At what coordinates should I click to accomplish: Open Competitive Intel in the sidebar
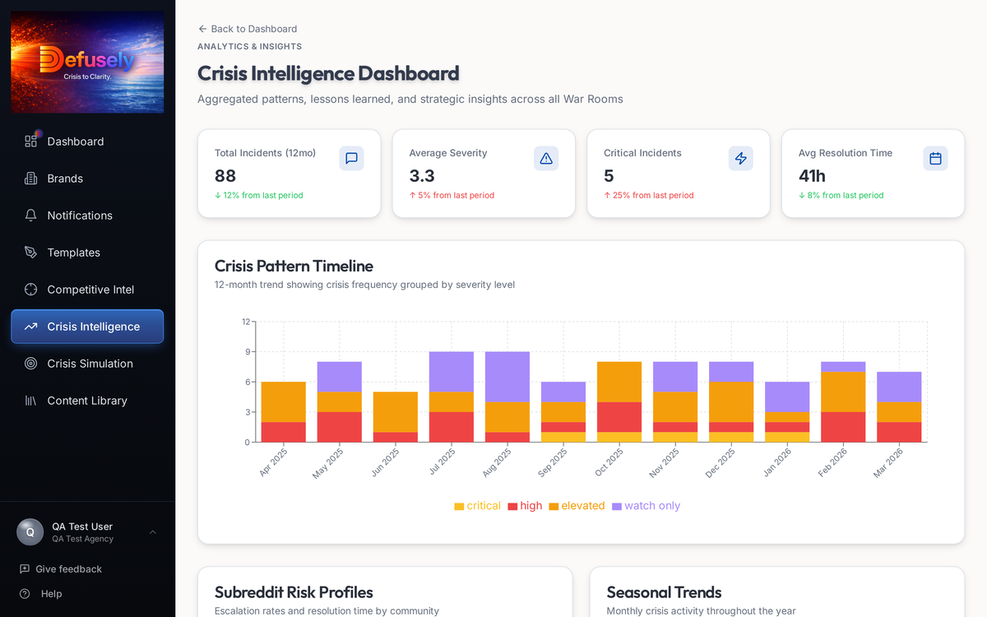coord(90,290)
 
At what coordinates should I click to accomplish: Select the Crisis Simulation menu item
coord(90,364)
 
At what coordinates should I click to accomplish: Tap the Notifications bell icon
coord(31,216)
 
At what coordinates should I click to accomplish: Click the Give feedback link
coord(68,569)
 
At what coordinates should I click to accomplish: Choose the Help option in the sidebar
coord(51,594)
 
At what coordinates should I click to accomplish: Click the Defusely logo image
coord(87,62)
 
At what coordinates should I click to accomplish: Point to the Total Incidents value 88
coord(225,175)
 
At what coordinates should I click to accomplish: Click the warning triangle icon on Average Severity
coord(546,159)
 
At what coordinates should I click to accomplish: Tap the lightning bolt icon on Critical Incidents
coord(741,159)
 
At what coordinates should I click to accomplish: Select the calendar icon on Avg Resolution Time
coord(935,159)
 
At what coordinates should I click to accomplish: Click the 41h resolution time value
coord(812,175)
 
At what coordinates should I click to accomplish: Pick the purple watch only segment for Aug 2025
coord(507,377)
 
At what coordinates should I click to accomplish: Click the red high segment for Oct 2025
coord(619,416)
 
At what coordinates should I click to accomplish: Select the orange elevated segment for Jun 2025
coord(396,411)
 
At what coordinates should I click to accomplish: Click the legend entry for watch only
coord(646,506)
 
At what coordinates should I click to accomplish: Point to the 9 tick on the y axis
coord(246,352)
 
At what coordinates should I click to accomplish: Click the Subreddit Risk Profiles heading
coord(294,592)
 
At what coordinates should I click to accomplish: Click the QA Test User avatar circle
coord(30,532)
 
